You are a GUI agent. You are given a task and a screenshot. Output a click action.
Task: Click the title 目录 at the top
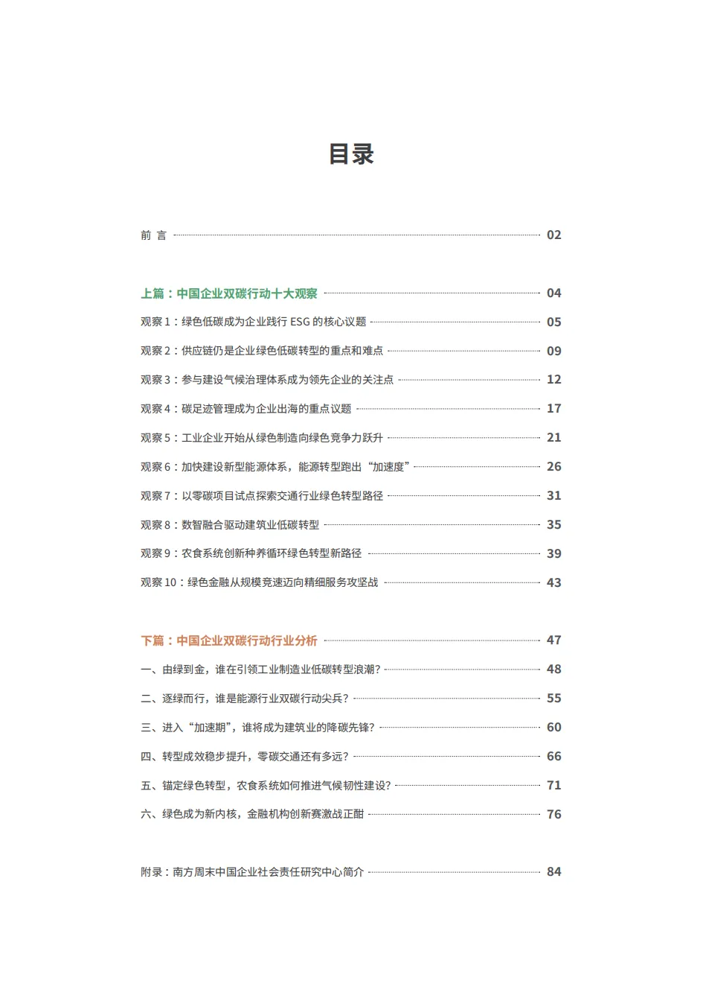351,154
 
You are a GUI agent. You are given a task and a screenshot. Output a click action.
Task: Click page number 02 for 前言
553,235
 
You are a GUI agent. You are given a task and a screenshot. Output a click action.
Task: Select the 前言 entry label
153,235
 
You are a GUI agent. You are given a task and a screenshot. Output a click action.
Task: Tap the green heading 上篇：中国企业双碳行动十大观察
229,293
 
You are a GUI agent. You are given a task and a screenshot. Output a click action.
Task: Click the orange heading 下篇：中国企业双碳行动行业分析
229,640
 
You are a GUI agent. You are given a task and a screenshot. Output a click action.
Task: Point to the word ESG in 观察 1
300,322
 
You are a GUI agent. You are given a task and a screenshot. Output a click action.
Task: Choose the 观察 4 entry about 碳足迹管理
245,409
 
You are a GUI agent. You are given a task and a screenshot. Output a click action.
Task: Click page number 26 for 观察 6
553,467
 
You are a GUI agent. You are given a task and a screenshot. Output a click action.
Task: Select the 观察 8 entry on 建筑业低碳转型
230,525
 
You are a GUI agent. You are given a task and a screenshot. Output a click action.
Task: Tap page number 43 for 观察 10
553,583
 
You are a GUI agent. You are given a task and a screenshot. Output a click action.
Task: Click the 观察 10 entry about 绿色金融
259,582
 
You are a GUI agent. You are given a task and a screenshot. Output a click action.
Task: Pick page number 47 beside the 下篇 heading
553,640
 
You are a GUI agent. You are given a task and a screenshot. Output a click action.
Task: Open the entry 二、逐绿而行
244,699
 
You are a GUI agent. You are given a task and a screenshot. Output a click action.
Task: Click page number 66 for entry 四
553,757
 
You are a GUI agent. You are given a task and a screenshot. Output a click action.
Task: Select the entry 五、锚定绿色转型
265,786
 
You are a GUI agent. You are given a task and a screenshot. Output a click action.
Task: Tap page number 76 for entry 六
553,815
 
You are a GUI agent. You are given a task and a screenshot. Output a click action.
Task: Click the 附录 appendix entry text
252,872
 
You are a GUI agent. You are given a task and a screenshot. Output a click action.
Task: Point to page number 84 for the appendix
553,872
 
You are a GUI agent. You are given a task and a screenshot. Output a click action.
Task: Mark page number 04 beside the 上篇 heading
553,293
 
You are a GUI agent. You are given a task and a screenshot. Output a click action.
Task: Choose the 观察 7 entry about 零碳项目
261,496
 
